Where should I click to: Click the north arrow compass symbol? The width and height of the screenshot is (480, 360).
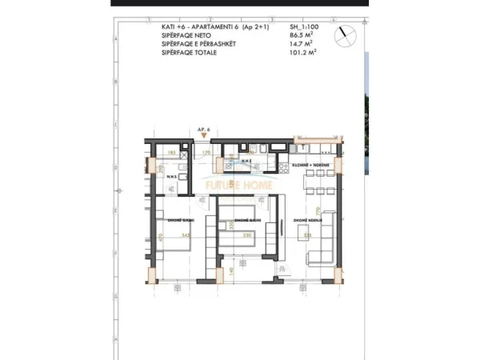pyautogui.click(x=345, y=34)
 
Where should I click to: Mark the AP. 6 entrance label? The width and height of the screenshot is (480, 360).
pyautogui.click(x=203, y=129)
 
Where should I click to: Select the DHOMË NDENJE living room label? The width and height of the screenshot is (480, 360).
pyautogui.click(x=307, y=220)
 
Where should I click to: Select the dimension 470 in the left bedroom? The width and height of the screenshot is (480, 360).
pyautogui.click(x=161, y=237)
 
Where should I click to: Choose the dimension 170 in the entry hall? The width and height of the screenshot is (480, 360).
pyautogui.click(x=206, y=151)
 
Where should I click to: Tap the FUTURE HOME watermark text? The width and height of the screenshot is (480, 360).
pyautogui.click(x=240, y=186)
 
